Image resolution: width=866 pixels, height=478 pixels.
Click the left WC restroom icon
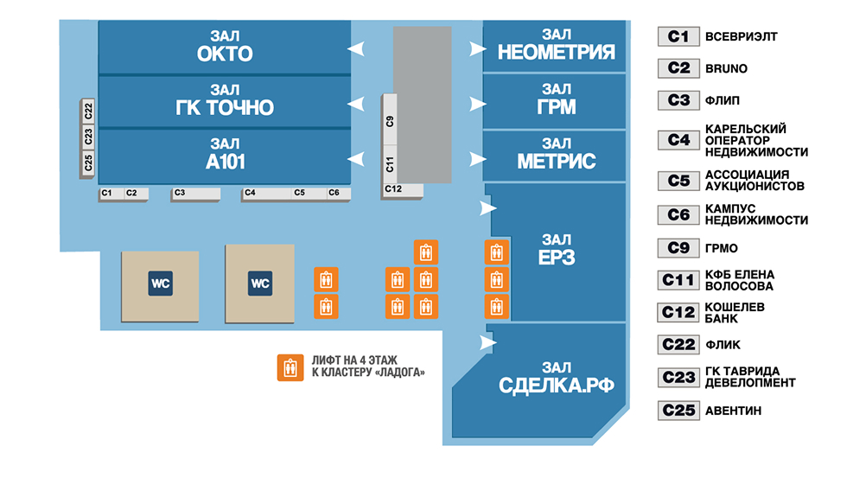coord(160,283)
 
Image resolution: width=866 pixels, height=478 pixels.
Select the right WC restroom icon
coord(259,283)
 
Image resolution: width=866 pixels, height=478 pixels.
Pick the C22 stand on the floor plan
coord(88,111)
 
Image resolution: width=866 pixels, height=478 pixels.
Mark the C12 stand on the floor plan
coord(393,188)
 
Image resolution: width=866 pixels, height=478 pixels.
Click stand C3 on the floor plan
coord(180,194)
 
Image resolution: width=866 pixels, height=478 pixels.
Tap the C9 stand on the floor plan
coord(390,121)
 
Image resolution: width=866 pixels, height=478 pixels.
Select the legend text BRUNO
coord(726,68)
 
